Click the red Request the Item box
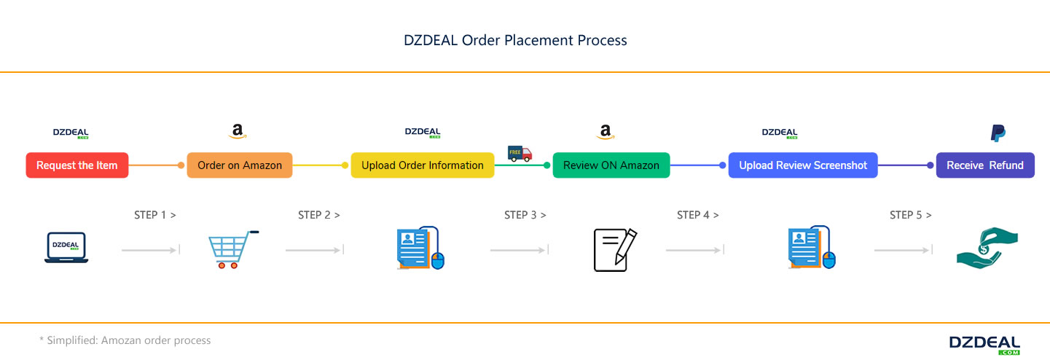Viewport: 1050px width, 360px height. click(77, 165)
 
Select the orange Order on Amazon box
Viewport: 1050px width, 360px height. click(240, 165)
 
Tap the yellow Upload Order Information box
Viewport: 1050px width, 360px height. click(423, 165)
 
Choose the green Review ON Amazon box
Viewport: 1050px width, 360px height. click(611, 165)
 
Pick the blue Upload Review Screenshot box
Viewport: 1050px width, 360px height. click(803, 165)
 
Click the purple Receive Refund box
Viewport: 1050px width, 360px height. click(984, 165)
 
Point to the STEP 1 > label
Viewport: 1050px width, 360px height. click(155, 215)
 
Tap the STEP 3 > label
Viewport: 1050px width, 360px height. click(525, 215)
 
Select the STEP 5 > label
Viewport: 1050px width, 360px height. click(911, 215)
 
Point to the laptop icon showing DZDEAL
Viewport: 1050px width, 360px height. click(66, 248)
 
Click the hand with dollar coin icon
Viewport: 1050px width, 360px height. click(987, 249)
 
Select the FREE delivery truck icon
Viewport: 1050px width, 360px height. click(520, 153)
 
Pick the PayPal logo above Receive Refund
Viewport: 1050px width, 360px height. click(998, 133)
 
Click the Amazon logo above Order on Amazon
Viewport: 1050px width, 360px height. click(238, 132)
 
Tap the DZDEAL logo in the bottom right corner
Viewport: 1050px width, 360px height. click(984, 345)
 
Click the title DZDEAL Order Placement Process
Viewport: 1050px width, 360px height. click(515, 40)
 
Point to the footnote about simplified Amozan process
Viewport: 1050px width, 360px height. click(125, 340)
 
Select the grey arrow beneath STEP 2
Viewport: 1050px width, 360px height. click(314, 250)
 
